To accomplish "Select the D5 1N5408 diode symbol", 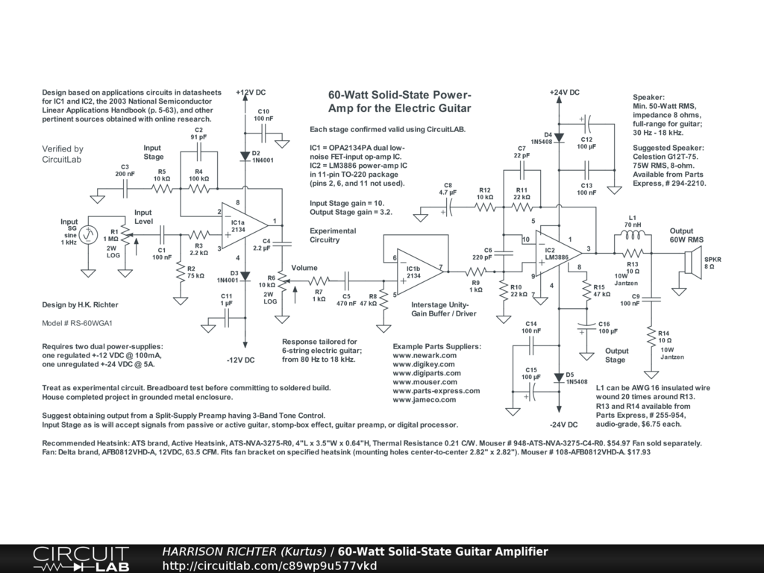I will click(559, 377).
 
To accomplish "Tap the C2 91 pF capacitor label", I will click(199, 134).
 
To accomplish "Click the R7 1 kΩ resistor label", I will click(319, 295).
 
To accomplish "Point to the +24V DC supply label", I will click(564, 93).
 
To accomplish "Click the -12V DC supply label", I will click(240, 360).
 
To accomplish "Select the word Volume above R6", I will click(304, 268).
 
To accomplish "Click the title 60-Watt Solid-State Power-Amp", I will click(400, 101).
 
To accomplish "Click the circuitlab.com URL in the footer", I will click(269, 566).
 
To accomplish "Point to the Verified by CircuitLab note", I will click(63, 154).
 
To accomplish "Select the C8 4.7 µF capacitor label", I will click(448, 189).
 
